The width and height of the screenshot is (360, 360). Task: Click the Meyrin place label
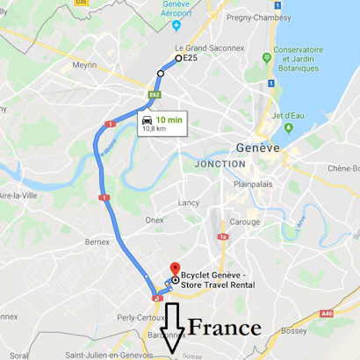[84, 64]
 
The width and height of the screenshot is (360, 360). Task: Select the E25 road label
[191, 58]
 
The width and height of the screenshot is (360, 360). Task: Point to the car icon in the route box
[147, 119]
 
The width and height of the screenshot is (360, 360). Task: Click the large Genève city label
[257, 148]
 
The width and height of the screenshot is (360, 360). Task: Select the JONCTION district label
[220, 163]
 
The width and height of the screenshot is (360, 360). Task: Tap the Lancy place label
[189, 202]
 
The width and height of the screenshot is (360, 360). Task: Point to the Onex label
[155, 220]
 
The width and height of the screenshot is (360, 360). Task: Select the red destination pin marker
[174, 270]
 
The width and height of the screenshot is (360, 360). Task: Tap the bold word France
[226, 328]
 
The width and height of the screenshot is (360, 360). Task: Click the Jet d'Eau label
[288, 115]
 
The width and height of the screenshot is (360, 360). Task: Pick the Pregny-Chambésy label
[259, 17]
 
